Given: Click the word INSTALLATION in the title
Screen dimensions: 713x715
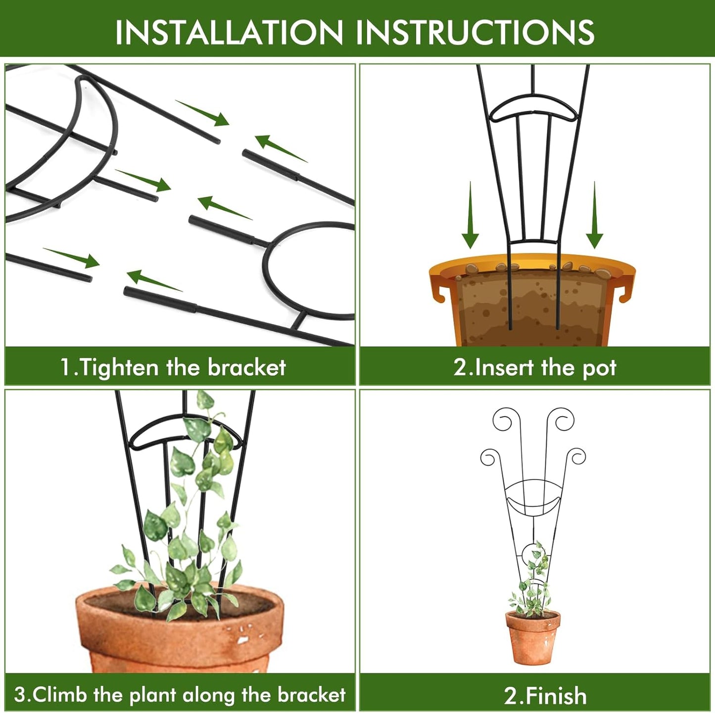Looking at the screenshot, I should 229,32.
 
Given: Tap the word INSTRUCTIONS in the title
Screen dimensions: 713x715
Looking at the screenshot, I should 475,32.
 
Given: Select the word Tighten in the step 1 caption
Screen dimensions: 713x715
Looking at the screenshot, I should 119,368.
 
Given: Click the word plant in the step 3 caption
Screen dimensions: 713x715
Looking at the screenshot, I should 153,695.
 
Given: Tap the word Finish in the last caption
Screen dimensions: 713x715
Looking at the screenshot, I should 556,696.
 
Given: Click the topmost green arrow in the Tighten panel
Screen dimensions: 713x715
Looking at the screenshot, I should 203,113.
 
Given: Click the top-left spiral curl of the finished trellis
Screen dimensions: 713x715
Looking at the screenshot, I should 503,421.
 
